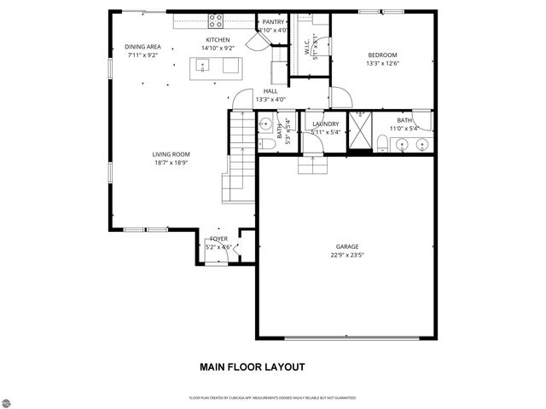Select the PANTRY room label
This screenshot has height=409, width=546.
tap(273, 22)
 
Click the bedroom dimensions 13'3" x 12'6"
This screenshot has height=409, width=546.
tap(382, 63)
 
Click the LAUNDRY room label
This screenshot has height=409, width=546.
tap(326, 124)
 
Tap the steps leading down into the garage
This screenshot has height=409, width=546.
tap(312, 164)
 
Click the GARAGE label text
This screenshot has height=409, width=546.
tap(346, 246)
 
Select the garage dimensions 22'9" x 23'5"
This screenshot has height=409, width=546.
tap(346, 254)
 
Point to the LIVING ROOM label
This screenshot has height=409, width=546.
tap(170, 154)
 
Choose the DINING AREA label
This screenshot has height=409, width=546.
tap(142, 47)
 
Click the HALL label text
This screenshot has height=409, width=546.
tap(270, 90)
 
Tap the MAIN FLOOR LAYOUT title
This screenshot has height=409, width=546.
tap(253, 368)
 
